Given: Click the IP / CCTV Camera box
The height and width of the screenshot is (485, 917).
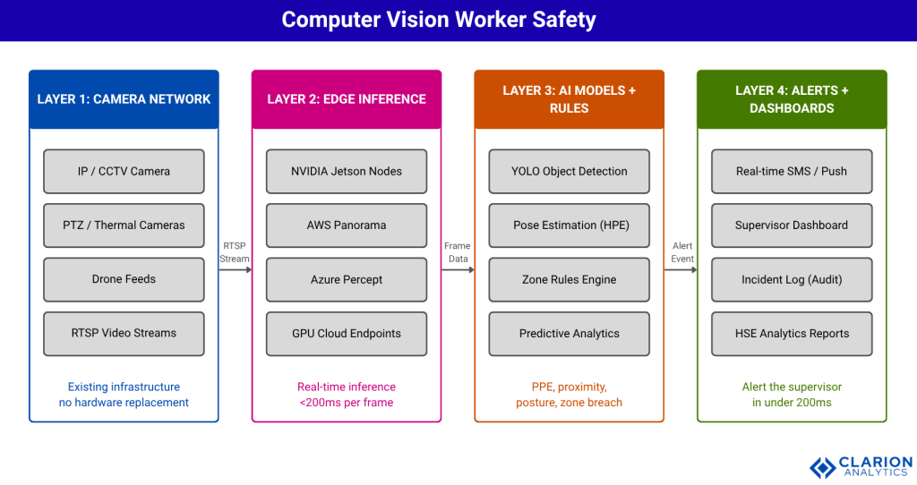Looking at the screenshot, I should click(x=124, y=171).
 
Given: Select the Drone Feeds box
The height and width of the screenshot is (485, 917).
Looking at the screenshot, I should click(x=124, y=279).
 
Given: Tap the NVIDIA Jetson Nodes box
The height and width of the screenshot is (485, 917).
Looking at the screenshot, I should click(x=347, y=171).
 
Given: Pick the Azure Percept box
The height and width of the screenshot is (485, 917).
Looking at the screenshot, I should click(x=347, y=279).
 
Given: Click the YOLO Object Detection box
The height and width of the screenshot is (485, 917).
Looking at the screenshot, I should click(x=570, y=171).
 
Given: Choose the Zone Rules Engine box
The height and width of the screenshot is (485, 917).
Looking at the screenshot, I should click(x=570, y=279).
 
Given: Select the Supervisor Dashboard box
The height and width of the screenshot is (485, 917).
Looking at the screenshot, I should click(x=792, y=225).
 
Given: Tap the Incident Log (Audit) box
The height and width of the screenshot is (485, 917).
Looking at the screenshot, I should click(x=792, y=279).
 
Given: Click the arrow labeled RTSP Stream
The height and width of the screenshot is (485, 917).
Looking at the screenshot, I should click(x=235, y=268).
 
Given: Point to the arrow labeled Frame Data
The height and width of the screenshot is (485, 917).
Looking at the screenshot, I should click(x=458, y=268).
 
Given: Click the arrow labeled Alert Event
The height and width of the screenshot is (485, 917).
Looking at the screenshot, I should click(x=681, y=268).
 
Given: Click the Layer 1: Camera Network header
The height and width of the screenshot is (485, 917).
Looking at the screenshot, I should click(x=124, y=99).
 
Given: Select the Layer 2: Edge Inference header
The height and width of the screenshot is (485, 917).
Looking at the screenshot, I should click(x=347, y=99).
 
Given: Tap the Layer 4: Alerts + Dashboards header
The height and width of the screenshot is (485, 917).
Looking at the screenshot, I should click(x=792, y=99).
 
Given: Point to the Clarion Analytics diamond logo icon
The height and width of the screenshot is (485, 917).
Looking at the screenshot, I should click(x=822, y=466).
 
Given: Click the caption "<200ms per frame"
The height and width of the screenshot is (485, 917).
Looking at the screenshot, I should click(x=347, y=403).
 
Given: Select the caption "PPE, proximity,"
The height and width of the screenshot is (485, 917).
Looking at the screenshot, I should click(x=570, y=387).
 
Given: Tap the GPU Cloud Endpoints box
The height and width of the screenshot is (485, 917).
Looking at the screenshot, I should click(x=347, y=333).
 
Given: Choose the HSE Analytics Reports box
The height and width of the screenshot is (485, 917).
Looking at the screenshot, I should click(x=792, y=333).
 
